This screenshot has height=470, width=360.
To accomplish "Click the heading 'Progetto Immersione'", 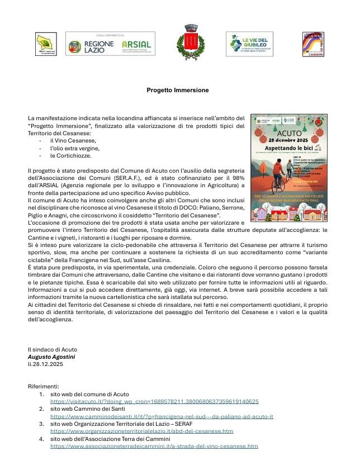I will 177,90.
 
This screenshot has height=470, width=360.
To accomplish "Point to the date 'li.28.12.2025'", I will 45,364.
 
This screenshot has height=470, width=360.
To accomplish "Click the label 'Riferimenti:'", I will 43,386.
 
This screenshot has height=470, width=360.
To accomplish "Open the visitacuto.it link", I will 154,401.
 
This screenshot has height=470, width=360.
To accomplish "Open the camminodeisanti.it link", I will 162,416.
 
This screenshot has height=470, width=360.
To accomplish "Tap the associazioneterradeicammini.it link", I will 154,447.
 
